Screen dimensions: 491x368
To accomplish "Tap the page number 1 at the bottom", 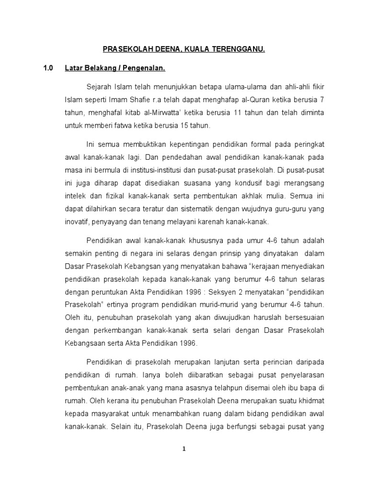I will [x=184, y=449].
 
